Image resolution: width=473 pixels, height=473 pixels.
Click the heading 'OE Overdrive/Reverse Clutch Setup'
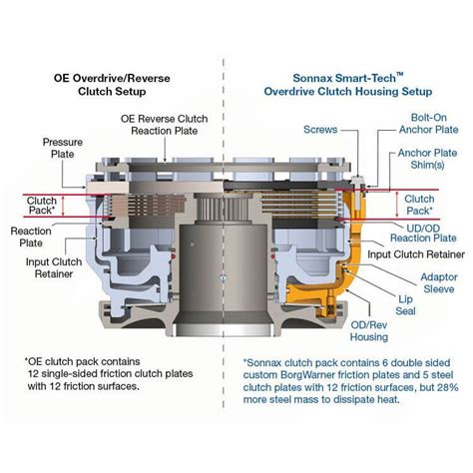click(112, 85)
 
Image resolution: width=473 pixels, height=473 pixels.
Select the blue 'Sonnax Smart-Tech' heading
click(348, 78)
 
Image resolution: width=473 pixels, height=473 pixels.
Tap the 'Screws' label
click(320, 130)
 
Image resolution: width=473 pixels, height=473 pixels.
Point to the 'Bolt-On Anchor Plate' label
click(429, 124)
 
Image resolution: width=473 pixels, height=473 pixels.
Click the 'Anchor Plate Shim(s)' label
click(427, 159)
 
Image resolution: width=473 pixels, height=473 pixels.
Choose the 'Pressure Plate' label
click(63, 148)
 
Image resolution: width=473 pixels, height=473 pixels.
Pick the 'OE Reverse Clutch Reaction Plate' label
click(165, 125)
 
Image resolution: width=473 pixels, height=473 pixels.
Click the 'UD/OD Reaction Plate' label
click(423, 234)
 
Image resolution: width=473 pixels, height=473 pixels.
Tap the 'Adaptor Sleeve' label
click(439, 283)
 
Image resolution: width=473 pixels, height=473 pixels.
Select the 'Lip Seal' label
click(405, 305)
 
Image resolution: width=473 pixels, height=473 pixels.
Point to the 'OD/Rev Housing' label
click(369, 331)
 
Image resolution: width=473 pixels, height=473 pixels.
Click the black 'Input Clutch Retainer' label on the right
click(416, 254)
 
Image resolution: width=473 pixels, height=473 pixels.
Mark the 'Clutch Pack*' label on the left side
click(42, 206)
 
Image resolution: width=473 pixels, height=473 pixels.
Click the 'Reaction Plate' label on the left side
click(31, 236)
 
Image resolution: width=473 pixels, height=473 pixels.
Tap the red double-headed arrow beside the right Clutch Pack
click(397, 205)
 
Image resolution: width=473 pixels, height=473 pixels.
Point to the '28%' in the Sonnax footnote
click(448, 387)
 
